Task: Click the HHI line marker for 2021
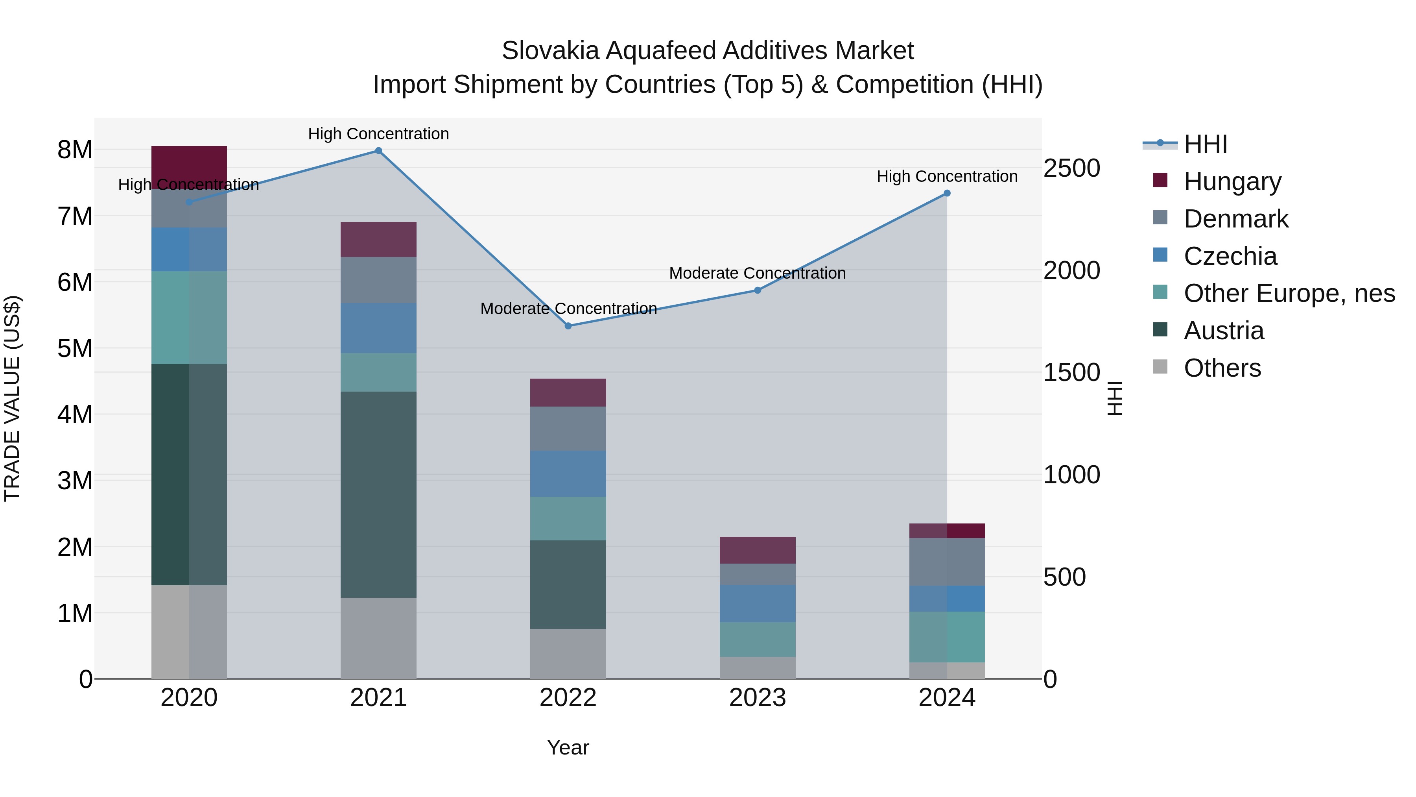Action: (378, 151)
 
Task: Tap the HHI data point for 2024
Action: (947, 193)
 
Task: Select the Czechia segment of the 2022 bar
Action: (568, 473)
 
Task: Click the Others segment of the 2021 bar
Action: (378, 638)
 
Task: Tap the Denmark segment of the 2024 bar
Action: (947, 562)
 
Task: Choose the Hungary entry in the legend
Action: (1232, 181)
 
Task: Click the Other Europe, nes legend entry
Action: (1289, 293)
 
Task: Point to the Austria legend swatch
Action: (1160, 330)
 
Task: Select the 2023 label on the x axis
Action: (758, 698)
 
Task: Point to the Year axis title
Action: (568, 747)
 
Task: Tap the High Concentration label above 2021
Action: (378, 134)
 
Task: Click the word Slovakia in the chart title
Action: (550, 51)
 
